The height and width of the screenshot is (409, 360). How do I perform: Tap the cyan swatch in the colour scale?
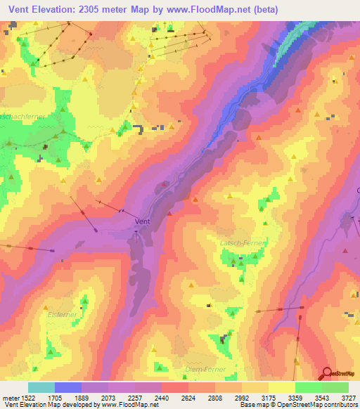[x=41, y=387]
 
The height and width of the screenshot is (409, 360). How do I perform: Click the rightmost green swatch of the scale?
[x=335, y=387]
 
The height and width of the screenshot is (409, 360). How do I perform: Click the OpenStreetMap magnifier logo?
[x=326, y=373]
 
